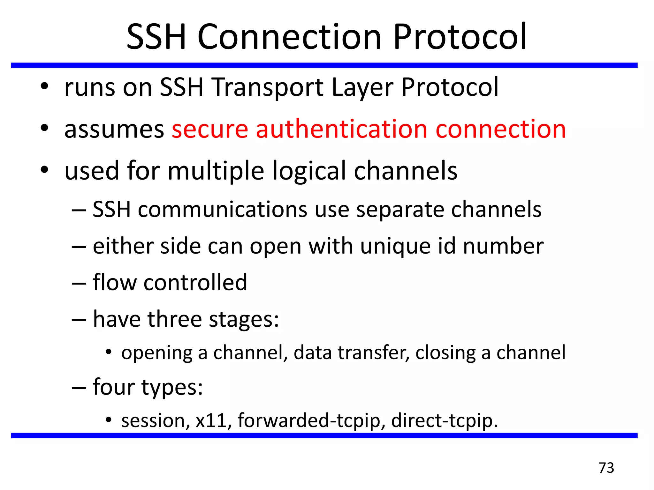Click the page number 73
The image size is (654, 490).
[606, 468]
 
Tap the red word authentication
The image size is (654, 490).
[341, 129]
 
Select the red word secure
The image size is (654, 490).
[210, 129]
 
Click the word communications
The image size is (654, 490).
[223, 210]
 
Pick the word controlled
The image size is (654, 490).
[195, 283]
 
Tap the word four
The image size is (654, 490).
[113, 387]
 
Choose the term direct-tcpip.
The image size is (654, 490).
[444, 421]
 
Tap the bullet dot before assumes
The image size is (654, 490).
[44, 128]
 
